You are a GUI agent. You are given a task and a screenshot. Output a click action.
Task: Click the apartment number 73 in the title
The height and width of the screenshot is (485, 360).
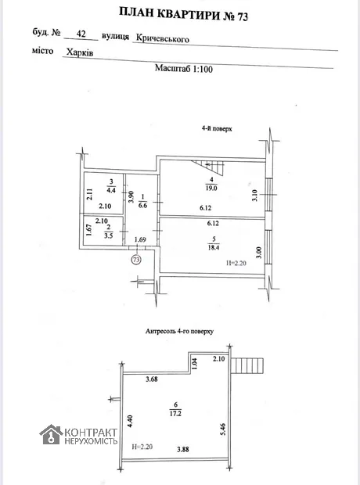coord(243,16)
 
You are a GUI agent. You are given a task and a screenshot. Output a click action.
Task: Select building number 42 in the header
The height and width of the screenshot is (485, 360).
coord(81,33)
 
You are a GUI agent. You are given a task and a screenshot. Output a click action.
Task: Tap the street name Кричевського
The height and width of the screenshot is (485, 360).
coord(163,39)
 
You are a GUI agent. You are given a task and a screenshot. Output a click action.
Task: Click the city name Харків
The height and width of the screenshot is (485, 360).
coord(80,52)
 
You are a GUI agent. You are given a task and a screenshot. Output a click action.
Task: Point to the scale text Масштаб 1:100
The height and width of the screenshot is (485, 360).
coord(184,68)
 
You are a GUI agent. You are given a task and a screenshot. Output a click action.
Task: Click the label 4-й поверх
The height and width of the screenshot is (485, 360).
coord(217,128)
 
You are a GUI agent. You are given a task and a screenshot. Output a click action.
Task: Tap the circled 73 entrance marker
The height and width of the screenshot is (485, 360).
coord(136,259)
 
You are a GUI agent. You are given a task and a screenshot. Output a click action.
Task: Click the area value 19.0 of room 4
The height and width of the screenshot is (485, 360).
coord(211,188)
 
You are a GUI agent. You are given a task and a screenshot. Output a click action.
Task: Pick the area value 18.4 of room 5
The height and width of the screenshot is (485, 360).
coord(214,247)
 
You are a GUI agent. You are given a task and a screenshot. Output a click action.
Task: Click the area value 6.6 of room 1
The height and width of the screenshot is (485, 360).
coord(142,205)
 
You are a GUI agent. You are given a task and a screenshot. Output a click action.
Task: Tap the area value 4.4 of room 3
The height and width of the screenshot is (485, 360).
coord(111,191)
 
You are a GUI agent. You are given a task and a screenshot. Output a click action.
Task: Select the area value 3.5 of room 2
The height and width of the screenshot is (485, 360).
coord(109,235)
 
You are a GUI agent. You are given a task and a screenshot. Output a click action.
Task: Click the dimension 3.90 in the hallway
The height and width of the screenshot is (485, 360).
coord(131,196)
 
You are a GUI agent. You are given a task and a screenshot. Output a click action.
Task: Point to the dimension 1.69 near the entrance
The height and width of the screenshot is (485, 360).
coord(140,239)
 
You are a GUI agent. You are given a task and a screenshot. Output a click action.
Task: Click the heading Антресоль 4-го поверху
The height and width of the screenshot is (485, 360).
coord(179,331)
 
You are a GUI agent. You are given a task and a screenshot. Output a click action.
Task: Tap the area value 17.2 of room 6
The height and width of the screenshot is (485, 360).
coord(175,413)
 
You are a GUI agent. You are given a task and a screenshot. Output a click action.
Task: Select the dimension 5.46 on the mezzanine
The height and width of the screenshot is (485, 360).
coord(223,429)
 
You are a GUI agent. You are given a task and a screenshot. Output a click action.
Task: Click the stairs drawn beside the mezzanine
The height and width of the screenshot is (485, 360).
coord(247,366)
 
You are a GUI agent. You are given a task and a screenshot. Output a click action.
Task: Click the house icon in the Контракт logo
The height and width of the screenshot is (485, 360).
coord(51,435)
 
